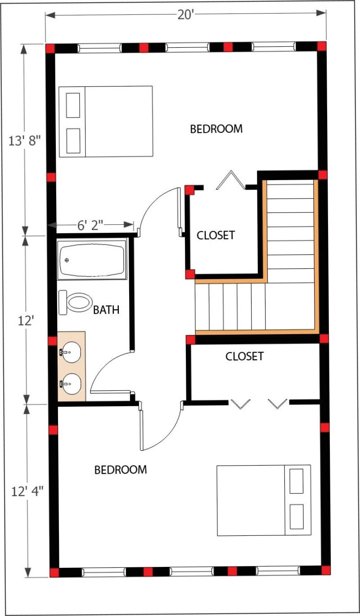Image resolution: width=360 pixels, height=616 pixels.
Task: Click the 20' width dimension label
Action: [186, 14]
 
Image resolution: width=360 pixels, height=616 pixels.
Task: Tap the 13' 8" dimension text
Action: [24, 141]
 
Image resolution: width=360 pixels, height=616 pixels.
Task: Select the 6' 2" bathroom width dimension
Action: [90, 225]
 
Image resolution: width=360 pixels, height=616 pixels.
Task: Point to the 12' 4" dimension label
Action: [27, 491]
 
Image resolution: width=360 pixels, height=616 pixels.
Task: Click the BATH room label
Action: [106, 310]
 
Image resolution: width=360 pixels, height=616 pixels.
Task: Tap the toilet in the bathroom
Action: [75, 302]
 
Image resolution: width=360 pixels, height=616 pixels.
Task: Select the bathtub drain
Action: [67, 260]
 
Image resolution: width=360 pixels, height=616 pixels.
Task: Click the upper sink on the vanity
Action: [71, 352]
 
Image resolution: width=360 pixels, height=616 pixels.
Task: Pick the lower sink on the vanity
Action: [71, 384]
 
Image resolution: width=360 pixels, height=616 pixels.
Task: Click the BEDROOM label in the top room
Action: [216, 129]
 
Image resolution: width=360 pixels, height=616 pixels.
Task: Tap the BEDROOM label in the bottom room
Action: [121, 470]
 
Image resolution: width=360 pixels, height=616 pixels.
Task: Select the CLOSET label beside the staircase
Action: [216, 235]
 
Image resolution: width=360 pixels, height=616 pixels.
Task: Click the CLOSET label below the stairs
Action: [245, 356]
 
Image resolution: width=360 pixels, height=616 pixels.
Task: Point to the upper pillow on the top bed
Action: [73, 105]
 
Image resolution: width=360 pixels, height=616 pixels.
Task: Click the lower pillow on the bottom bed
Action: [297, 517]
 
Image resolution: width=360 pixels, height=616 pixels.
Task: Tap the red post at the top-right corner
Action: [322, 46]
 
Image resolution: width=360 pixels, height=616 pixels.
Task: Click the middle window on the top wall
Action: [188, 48]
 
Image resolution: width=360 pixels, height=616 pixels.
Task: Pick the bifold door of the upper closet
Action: [231, 180]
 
